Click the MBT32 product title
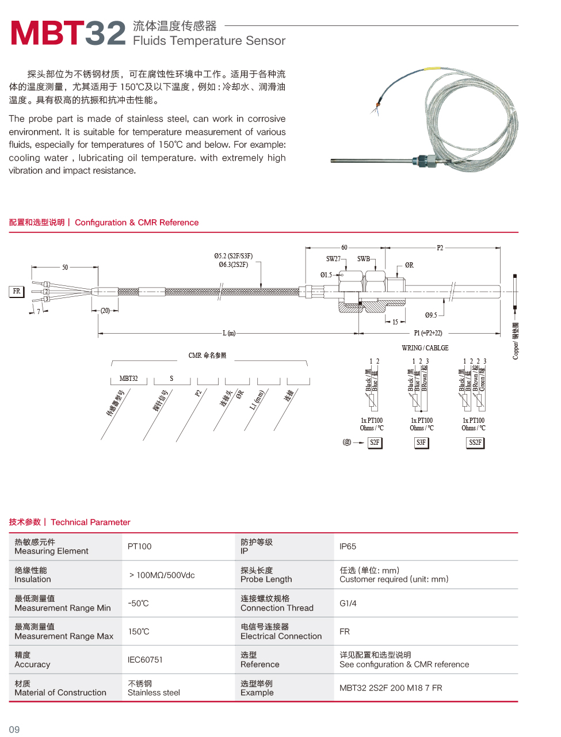pyautogui.click(x=68, y=33)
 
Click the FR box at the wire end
pyautogui.click(x=17, y=291)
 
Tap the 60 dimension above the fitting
pyautogui.click(x=344, y=247)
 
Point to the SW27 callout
pyautogui.click(x=333, y=259)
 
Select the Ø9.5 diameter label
pyautogui.click(x=431, y=315)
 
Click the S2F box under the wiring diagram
pyautogui.click(x=375, y=442)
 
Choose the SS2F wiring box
pyautogui.click(x=475, y=442)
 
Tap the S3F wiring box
pyautogui.click(x=421, y=442)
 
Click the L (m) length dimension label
pyautogui.click(x=229, y=333)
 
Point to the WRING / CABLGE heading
pyautogui.click(x=425, y=348)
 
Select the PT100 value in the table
pyautogui.click(x=140, y=547)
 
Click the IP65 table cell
pyautogui.click(x=348, y=547)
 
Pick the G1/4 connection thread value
pyautogui.click(x=348, y=604)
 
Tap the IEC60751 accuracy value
pyautogui.click(x=145, y=660)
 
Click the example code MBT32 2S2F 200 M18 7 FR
pyautogui.click(x=391, y=688)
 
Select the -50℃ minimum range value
pyautogui.click(x=138, y=604)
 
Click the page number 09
pyautogui.click(x=14, y=730)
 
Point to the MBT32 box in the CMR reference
pyautogui.click(x=128, y=379)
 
